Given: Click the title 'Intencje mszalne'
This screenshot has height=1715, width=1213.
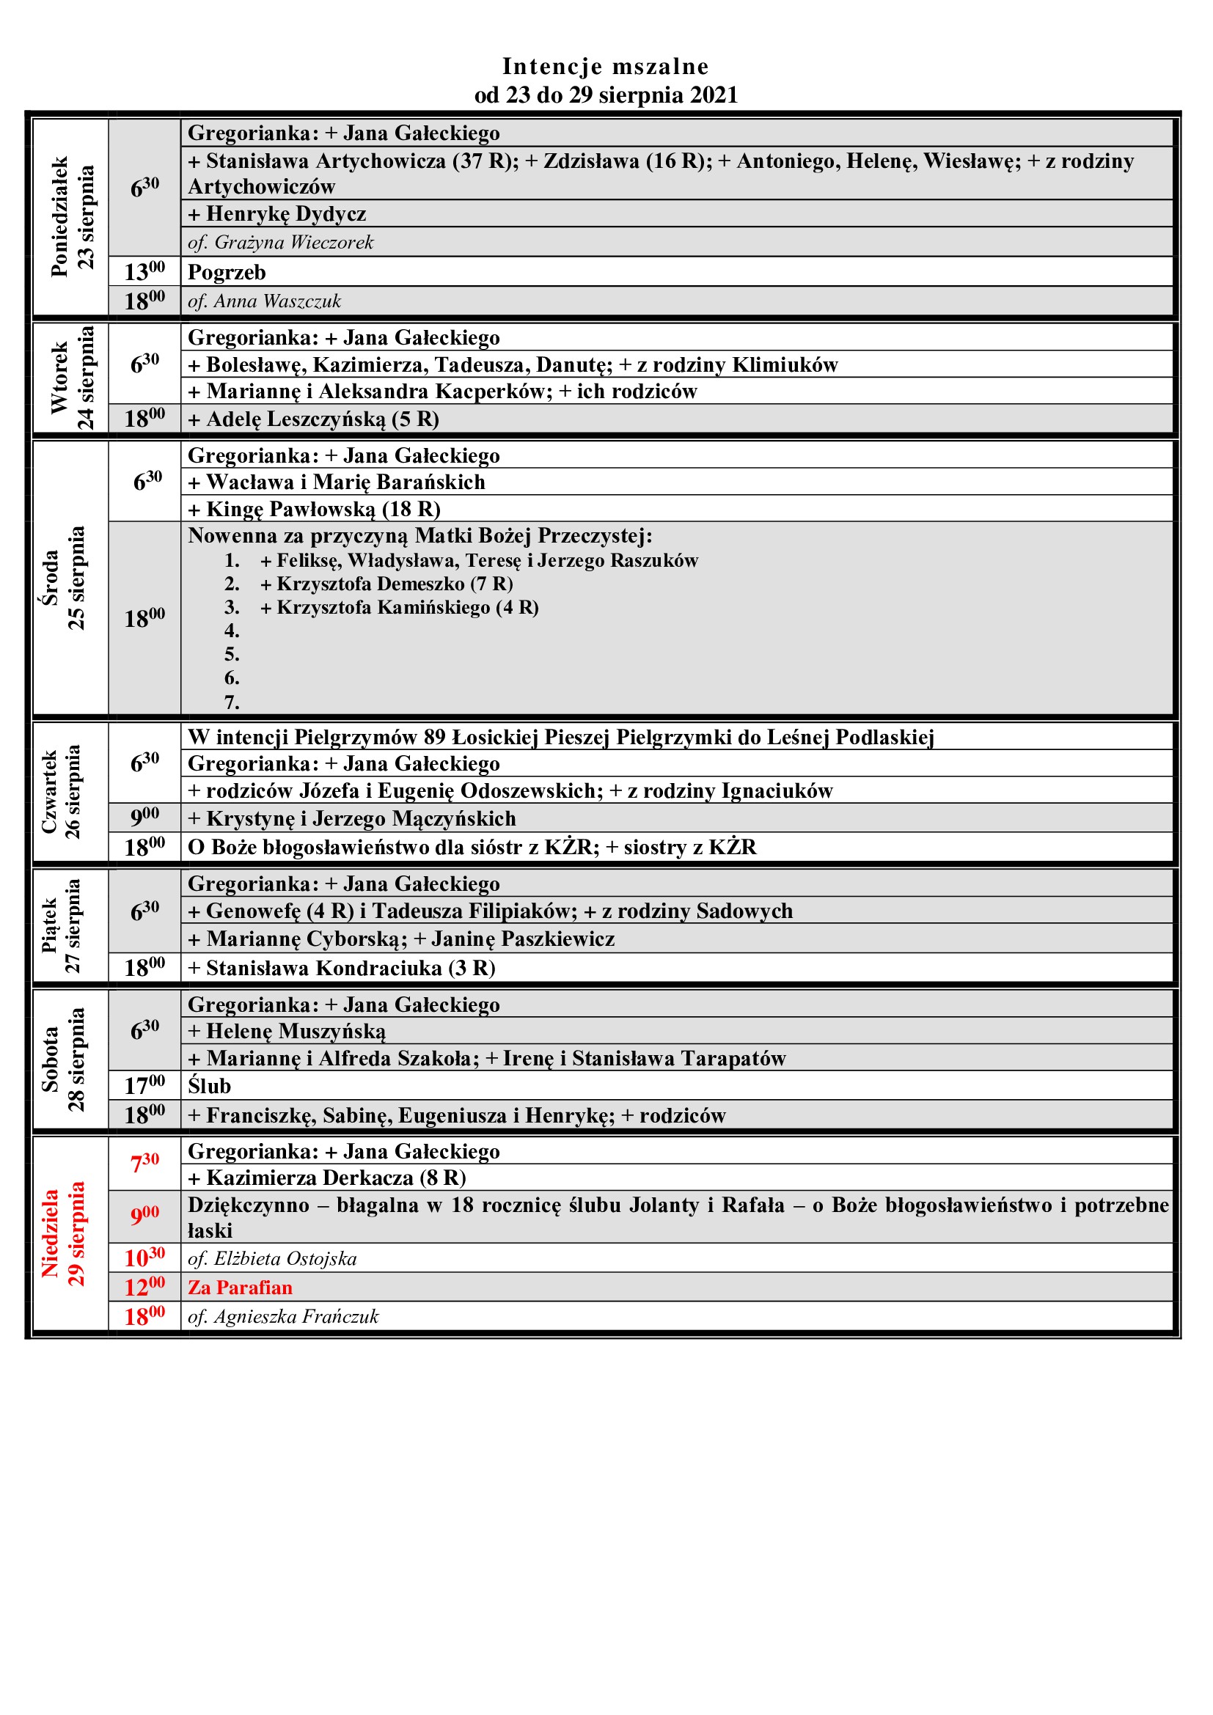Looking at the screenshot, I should [x=605, y=67].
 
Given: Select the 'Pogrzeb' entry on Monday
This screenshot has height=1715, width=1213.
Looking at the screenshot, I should [x=227, y=272].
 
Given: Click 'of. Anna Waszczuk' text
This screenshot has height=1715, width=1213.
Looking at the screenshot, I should [x=265, y=301].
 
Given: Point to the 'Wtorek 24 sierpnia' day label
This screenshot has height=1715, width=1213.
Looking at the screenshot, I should [x=72, y=378].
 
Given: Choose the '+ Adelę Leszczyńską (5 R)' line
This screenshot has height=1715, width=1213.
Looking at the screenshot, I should [x=313, y=419].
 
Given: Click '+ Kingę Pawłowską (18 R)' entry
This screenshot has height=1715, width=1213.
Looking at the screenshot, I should [x=314, y=509].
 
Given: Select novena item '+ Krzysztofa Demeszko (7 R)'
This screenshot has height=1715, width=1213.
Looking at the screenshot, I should [x=386, y=584].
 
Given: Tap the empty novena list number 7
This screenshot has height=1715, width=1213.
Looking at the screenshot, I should [x=232, y=702].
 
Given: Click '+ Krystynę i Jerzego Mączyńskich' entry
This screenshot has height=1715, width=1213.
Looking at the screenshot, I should [x=352, y=819].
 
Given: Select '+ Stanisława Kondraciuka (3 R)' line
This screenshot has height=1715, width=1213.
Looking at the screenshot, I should [x=341, y=968].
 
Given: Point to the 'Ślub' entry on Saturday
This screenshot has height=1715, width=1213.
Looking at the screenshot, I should [x=209, y=1086].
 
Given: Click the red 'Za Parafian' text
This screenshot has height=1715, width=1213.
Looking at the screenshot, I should [x=240, y=1288].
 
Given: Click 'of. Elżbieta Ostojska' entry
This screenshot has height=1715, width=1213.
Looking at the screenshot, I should [x=272, y=1259].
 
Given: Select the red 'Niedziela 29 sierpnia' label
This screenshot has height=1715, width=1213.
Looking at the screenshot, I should [x=64, y=1233].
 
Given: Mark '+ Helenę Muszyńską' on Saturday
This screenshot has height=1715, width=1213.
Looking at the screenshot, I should [x=287, y=1032].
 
